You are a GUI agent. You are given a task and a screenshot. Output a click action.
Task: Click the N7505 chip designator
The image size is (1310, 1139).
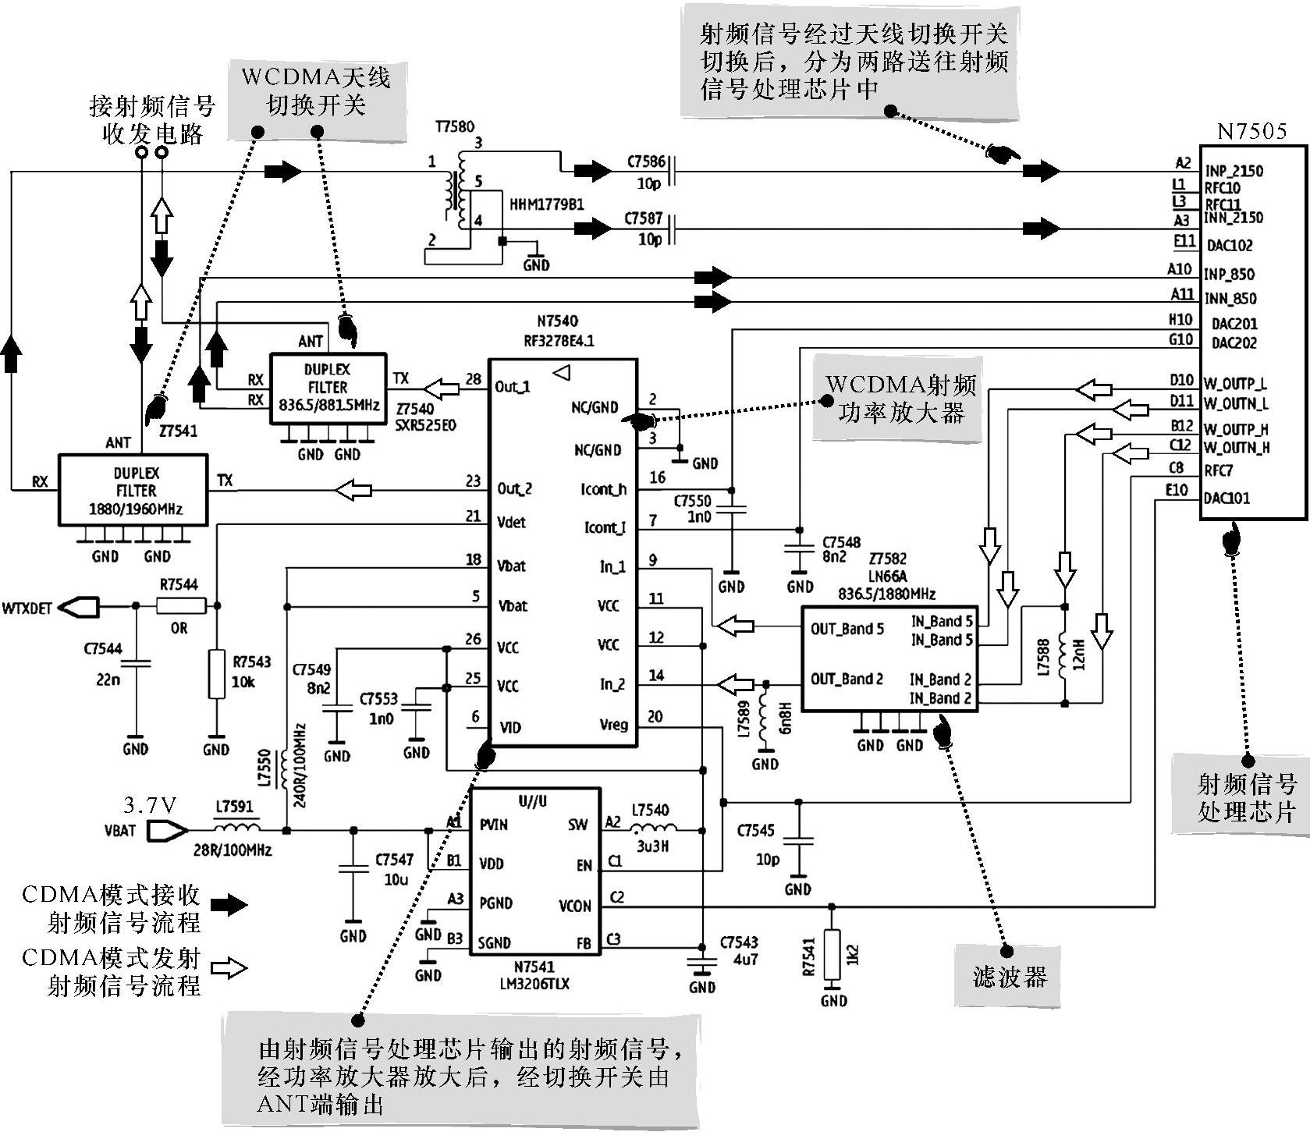[x=1252, y=131]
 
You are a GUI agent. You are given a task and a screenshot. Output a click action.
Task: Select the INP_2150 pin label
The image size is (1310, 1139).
[x=1234, y=171]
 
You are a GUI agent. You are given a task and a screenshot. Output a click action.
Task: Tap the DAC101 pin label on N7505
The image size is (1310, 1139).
[x=1227, y=498]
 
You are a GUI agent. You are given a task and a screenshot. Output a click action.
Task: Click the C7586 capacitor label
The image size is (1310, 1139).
[x=647, y=162]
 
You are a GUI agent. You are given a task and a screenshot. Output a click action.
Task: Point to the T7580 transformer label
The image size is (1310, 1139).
[x=455, y=126]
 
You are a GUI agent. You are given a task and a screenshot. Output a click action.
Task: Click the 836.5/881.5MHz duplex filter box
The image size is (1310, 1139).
[x=328, y=389]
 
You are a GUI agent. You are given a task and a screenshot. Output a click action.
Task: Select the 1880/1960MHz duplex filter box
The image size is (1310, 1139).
[x=133, y=489]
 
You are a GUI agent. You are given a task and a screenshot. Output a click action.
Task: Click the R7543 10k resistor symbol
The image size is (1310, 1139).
[x=217, y=674]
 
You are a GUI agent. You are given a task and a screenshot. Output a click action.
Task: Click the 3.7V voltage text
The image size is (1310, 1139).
[x=150, y=804]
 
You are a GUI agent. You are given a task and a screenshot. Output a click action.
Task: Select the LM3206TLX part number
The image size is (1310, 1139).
[x=534, y=984]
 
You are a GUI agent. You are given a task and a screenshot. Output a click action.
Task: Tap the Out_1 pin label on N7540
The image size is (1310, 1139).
[x=513, y=387]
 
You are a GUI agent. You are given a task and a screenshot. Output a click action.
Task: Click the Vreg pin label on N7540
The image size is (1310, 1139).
[x=614, y=725]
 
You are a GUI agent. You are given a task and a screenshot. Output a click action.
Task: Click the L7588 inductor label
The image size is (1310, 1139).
[x=1044, y=656]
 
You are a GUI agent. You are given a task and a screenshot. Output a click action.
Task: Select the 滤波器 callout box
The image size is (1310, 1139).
[x=1008, y=976]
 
